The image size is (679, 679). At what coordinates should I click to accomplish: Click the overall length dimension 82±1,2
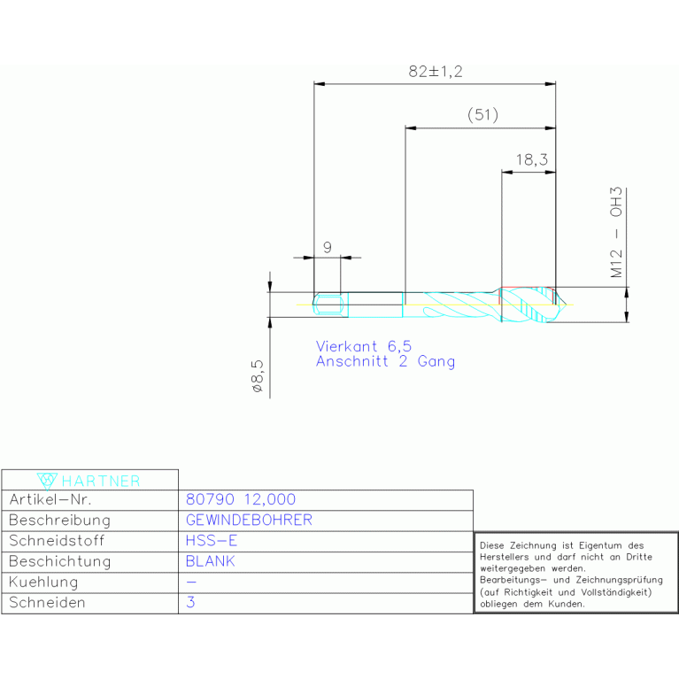click(x=436, y=72)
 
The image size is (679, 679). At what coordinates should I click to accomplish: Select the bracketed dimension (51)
click(x=482, y=115)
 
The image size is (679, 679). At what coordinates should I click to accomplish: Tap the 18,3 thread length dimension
click(x=530, y=159)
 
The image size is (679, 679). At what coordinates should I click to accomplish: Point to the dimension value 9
click(x=327, y=248)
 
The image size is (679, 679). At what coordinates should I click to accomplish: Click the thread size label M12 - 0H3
click(x=618, y=233)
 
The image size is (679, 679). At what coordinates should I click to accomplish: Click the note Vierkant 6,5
click(x=364, y=347)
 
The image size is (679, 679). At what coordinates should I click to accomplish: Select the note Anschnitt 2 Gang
click(x=385, y=361)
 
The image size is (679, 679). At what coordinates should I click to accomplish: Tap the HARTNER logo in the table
click(x=89, y=481)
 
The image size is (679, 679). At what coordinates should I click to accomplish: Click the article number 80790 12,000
click(x=241, y=500)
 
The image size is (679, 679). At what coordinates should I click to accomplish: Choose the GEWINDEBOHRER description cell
click(x=249, y=521)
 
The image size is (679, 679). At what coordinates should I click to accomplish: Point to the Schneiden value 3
click(x=191, y=603)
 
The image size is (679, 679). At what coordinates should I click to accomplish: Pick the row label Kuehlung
click(x=43, y=583)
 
